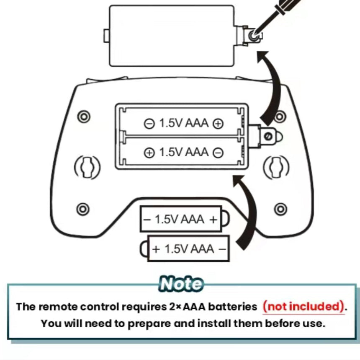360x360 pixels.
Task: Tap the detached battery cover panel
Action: point(172,36)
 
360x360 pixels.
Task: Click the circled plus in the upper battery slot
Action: point(218,124)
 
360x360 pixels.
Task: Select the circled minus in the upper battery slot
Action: point(149,124)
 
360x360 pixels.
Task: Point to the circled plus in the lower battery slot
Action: point(149,153)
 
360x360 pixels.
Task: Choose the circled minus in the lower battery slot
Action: point(218,153)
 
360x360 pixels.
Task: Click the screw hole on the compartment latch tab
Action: point(268,136)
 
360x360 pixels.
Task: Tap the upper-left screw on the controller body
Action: point(84,117)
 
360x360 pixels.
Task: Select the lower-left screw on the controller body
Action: point(83,209)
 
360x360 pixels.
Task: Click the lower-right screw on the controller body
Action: point(280,209)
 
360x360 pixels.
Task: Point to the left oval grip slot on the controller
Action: point(87,167)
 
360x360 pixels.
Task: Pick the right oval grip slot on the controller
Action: point(276,167)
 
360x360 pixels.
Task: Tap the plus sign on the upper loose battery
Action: point(213,220)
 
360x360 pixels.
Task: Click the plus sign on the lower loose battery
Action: point(156,249)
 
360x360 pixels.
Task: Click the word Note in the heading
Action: point(181,284)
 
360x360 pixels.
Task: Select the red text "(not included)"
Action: point(304,306)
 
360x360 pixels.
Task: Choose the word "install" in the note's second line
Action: point(214,324)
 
